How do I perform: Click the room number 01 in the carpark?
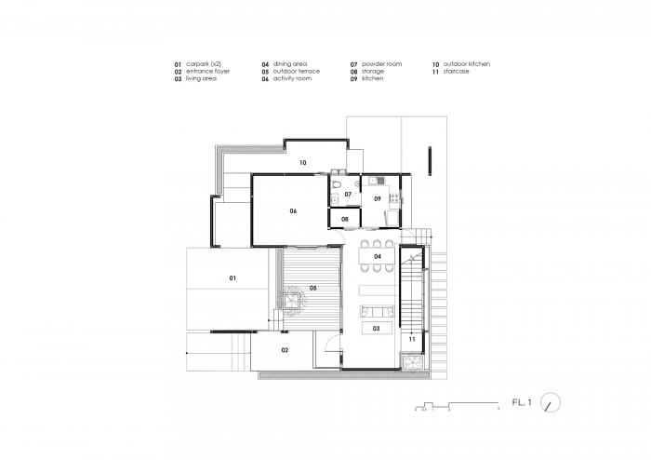pos(232,278)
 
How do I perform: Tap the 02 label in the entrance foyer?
pos(285,350)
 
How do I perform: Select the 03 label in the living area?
pos(377,329)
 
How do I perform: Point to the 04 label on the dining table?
pos(378,256)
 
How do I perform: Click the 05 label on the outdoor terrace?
pos(313,289)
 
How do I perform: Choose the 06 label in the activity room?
pos(292,211)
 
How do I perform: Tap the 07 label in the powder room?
pos(348,194)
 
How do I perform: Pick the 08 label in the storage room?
pos(344,220)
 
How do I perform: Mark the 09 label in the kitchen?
pos(378,199)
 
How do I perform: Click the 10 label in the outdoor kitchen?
pos(302,163)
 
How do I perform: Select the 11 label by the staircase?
pos(410,339)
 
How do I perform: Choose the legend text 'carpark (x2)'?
pos(205,63)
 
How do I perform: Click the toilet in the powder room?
pos(335,197)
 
